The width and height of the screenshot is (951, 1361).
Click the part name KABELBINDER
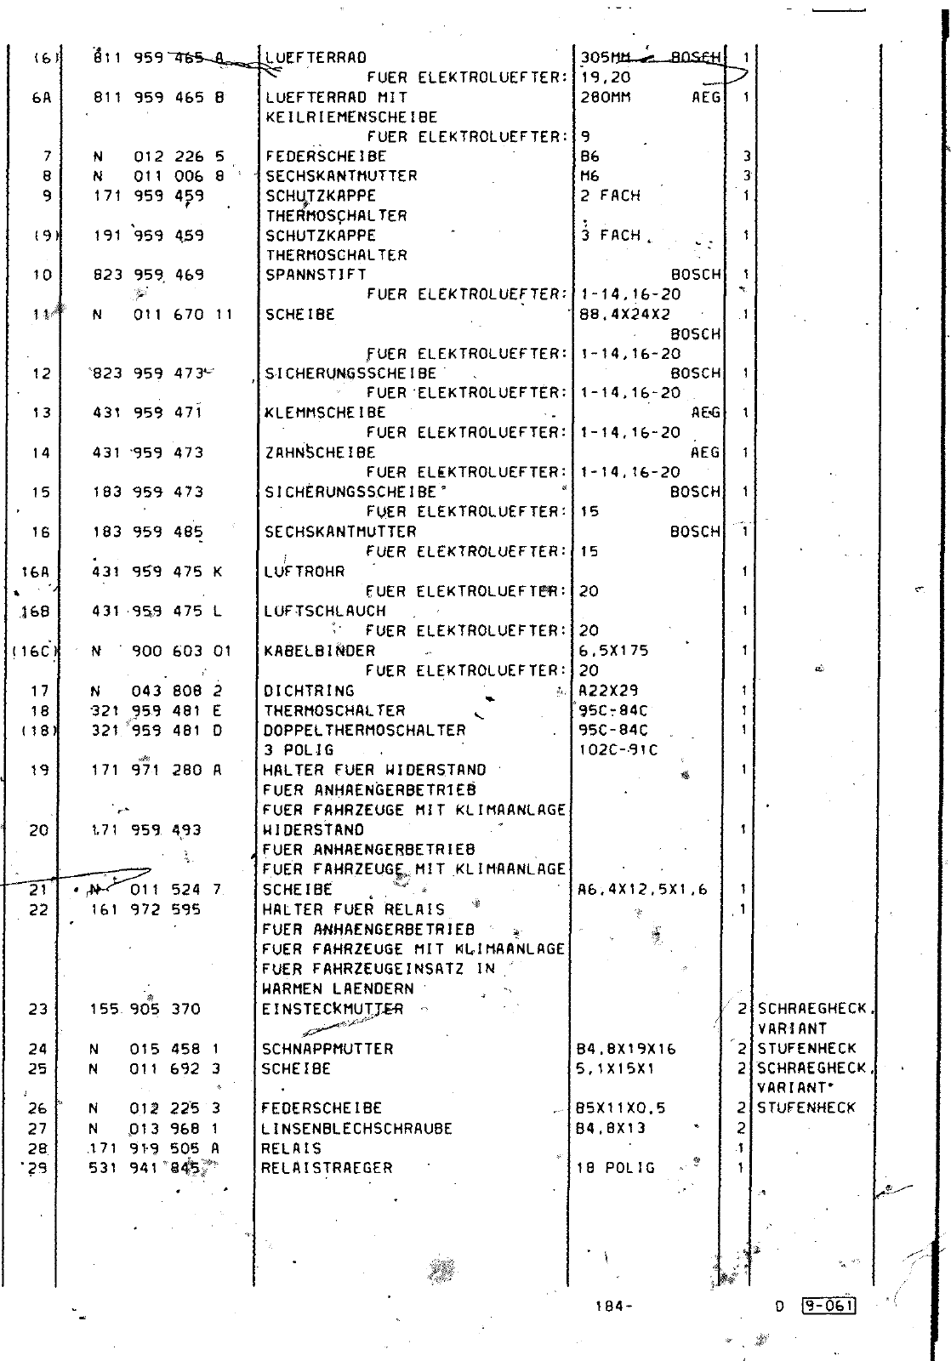(319, 651)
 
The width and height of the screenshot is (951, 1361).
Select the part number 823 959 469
(148, 275)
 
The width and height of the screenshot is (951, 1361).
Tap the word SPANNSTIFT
(316, 275)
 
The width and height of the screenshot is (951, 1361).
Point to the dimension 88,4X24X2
(625, 315)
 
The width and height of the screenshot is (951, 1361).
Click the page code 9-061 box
(828, 1306)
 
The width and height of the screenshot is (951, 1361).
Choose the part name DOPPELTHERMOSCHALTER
(364, 731)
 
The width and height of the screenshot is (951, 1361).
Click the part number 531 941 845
(146, 1168)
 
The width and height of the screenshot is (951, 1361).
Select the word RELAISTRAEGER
(327, 1168)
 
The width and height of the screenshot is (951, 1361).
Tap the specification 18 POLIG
(616, 1168)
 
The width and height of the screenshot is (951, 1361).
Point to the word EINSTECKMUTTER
(333, 1010)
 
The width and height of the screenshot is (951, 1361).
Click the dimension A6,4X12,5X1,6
(642, 890)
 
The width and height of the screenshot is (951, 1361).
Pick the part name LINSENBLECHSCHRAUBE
(357, 1129)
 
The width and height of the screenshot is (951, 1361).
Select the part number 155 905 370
(145, 1010)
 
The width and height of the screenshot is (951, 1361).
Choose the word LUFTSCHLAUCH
(324, 612)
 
